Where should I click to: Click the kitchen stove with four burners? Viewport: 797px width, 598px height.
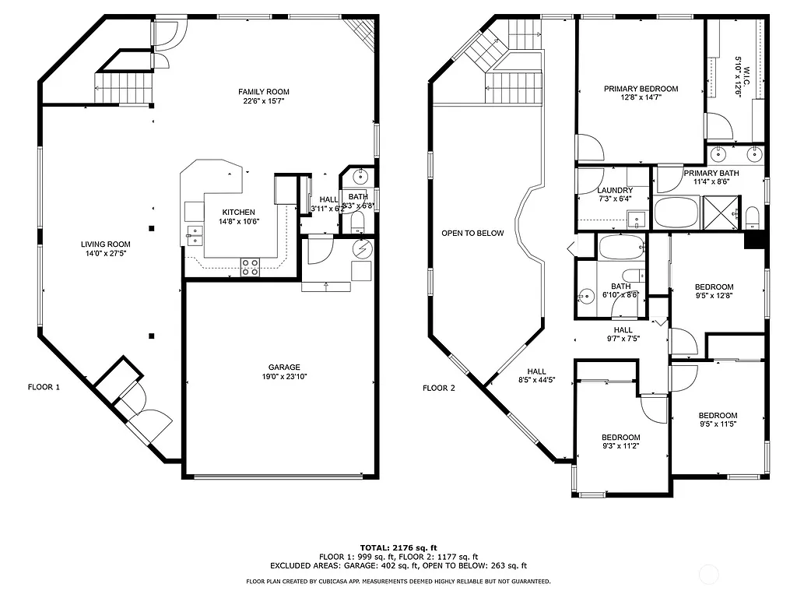(250, 266)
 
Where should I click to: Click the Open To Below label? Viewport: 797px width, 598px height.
(472, 233)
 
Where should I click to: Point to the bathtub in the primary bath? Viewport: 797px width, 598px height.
(677, 212)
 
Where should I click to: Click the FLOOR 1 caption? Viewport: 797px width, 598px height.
(44, 387)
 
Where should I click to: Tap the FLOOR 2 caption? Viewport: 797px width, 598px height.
(438, 388)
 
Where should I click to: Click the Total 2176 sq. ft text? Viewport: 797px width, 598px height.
(398, 547)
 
